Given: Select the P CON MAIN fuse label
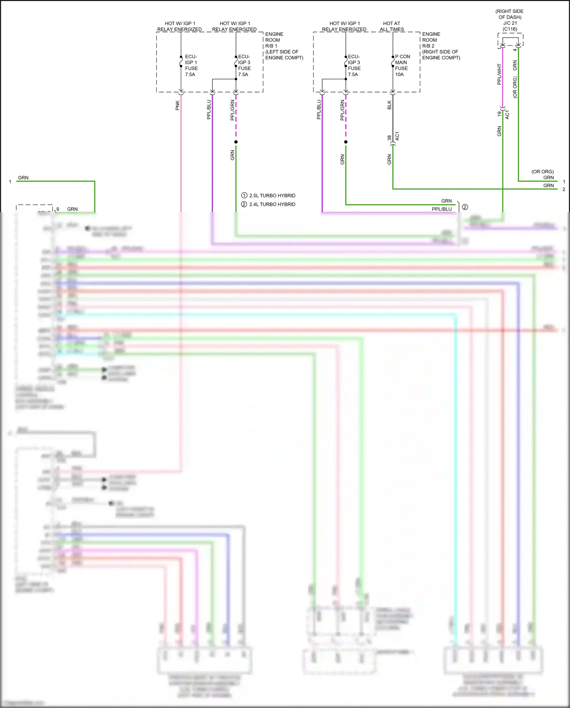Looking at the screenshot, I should click(x=402, y=62).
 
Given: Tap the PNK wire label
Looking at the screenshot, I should click(x=177, y=105).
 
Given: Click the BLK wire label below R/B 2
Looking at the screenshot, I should click(x=389, y=105).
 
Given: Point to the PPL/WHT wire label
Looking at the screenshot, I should click(x=499, y=74).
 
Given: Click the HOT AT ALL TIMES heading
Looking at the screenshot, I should click(x=392, y=26).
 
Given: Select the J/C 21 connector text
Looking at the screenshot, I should click(x=510, y=23).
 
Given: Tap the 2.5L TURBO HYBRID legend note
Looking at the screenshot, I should click(x=272, y=196).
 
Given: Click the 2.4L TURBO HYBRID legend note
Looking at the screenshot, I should click(x=272, y=204).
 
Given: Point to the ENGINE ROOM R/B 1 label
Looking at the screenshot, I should click(x=283, y=46).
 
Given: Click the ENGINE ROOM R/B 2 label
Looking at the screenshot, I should click(x=440, y=46).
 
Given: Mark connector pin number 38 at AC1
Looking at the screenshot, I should click(x=389, y=138).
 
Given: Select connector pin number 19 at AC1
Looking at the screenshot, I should click(x=499, y=114).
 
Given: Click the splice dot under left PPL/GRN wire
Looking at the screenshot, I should click(x=236, y=142).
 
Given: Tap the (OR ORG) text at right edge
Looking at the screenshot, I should click(x=542, y=172).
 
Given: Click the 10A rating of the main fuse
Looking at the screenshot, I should click(x=399, y=75).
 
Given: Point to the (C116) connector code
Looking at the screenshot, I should click(x=510, y=29).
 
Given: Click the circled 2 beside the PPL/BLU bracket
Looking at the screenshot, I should click(x=465, y=207).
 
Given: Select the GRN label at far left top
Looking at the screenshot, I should click(x=23, y=178).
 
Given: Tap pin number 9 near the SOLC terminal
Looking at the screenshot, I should click(x=58, y=209).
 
